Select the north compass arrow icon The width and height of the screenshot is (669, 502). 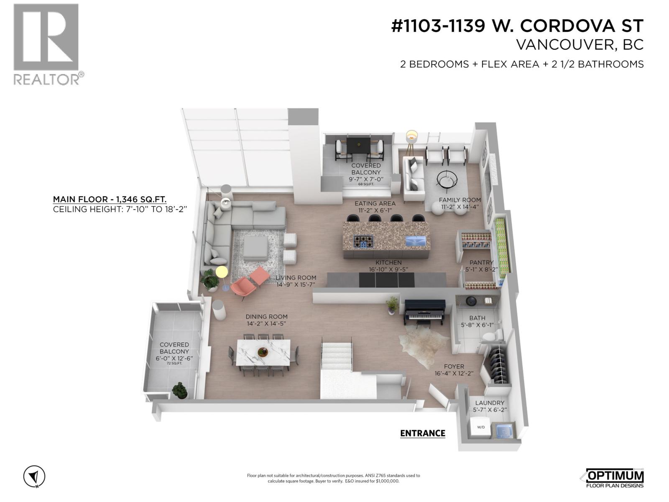(x=34, y=476)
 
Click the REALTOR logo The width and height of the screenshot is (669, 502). (x=46, y=44)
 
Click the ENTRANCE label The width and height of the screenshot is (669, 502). (x=422, y=433)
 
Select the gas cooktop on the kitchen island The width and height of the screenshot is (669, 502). (x=362, y=242)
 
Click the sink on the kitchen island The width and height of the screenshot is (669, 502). (x=415, y=241)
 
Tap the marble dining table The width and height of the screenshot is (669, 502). (x=263, y=353)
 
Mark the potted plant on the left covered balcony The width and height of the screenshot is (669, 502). (x=180, y=390)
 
